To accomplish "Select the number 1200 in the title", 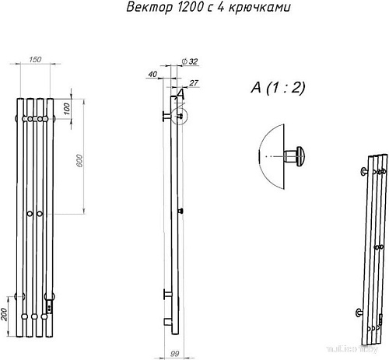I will pos(186,9).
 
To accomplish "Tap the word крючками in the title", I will pos(246,9).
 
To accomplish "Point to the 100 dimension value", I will pos(66,109).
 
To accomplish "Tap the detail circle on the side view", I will pos(180,116).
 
